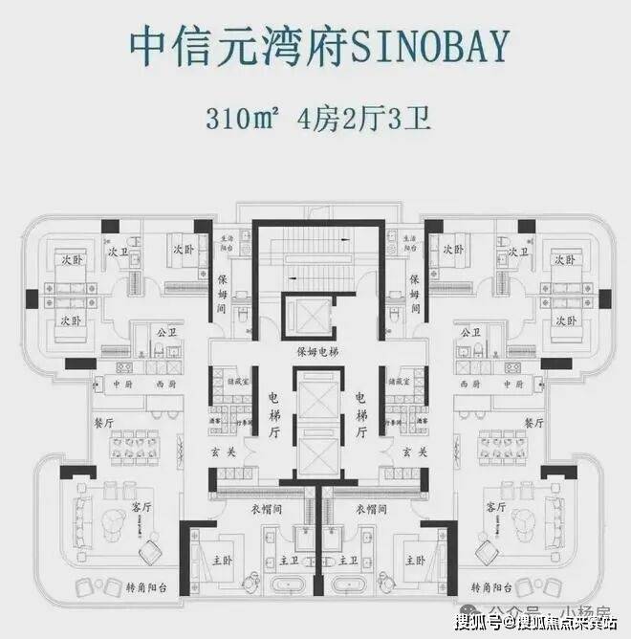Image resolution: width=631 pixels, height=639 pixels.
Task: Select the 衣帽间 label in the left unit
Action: pyautogui.click(x=267, y=508)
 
